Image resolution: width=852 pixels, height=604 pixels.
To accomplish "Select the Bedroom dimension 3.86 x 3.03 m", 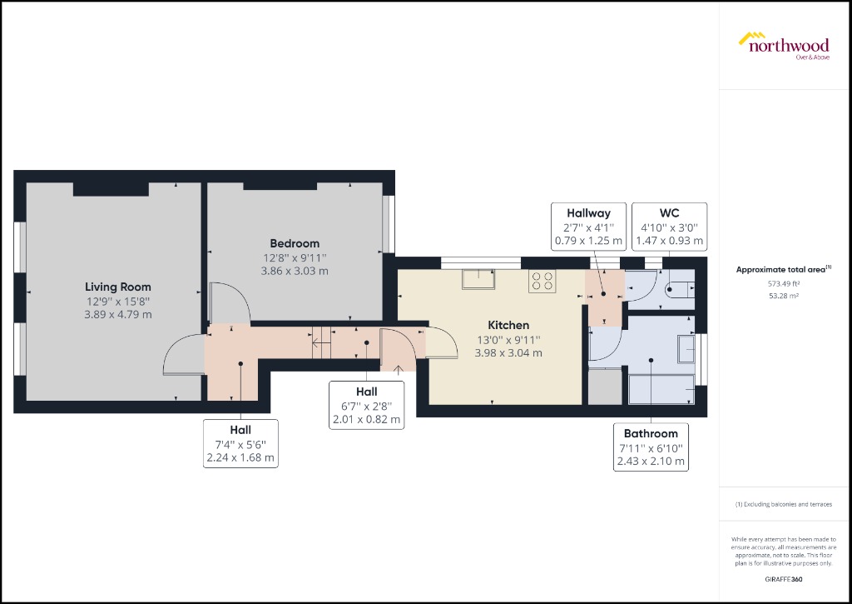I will tap(295, 271).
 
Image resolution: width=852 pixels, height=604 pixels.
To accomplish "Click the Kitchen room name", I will tap(508, 325).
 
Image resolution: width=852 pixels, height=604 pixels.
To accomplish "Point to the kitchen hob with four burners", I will tap(543, 282).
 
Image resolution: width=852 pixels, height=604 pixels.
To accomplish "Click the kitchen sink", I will tap(479, 279).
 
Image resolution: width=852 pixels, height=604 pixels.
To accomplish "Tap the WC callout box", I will tap(670, 227).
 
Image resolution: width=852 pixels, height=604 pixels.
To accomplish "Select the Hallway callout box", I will tap(588, 227).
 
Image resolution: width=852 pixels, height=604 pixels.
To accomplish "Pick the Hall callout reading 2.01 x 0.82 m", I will tap(366, 406).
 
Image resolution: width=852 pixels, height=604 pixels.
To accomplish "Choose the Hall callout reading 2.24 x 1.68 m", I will tap(240, 443).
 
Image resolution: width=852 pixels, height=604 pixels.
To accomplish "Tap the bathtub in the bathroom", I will tap(661, 388).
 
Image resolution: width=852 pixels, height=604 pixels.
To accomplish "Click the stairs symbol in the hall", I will tap(320, 343).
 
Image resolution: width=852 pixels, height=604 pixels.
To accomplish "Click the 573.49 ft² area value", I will tap(784, 283).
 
